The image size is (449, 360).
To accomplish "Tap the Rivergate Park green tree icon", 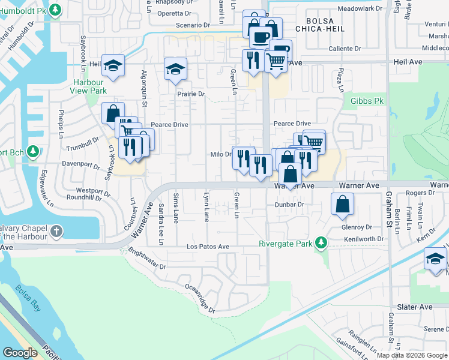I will click(321, 242).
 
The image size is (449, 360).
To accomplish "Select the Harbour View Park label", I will click(89, 86).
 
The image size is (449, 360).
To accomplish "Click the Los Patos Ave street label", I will click(208, 247).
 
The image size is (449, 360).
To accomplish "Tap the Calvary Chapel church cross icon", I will click(56, 231).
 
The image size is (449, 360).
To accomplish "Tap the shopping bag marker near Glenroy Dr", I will click(342, 203).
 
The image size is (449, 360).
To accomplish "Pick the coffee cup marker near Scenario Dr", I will click(261, 37).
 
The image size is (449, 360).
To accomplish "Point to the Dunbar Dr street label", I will click(289, 205).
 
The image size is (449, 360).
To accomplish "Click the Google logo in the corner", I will click(20, 353).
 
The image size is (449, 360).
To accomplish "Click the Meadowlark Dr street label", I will click(360, 9).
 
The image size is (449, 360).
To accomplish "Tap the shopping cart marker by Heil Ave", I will click(276, 61).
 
